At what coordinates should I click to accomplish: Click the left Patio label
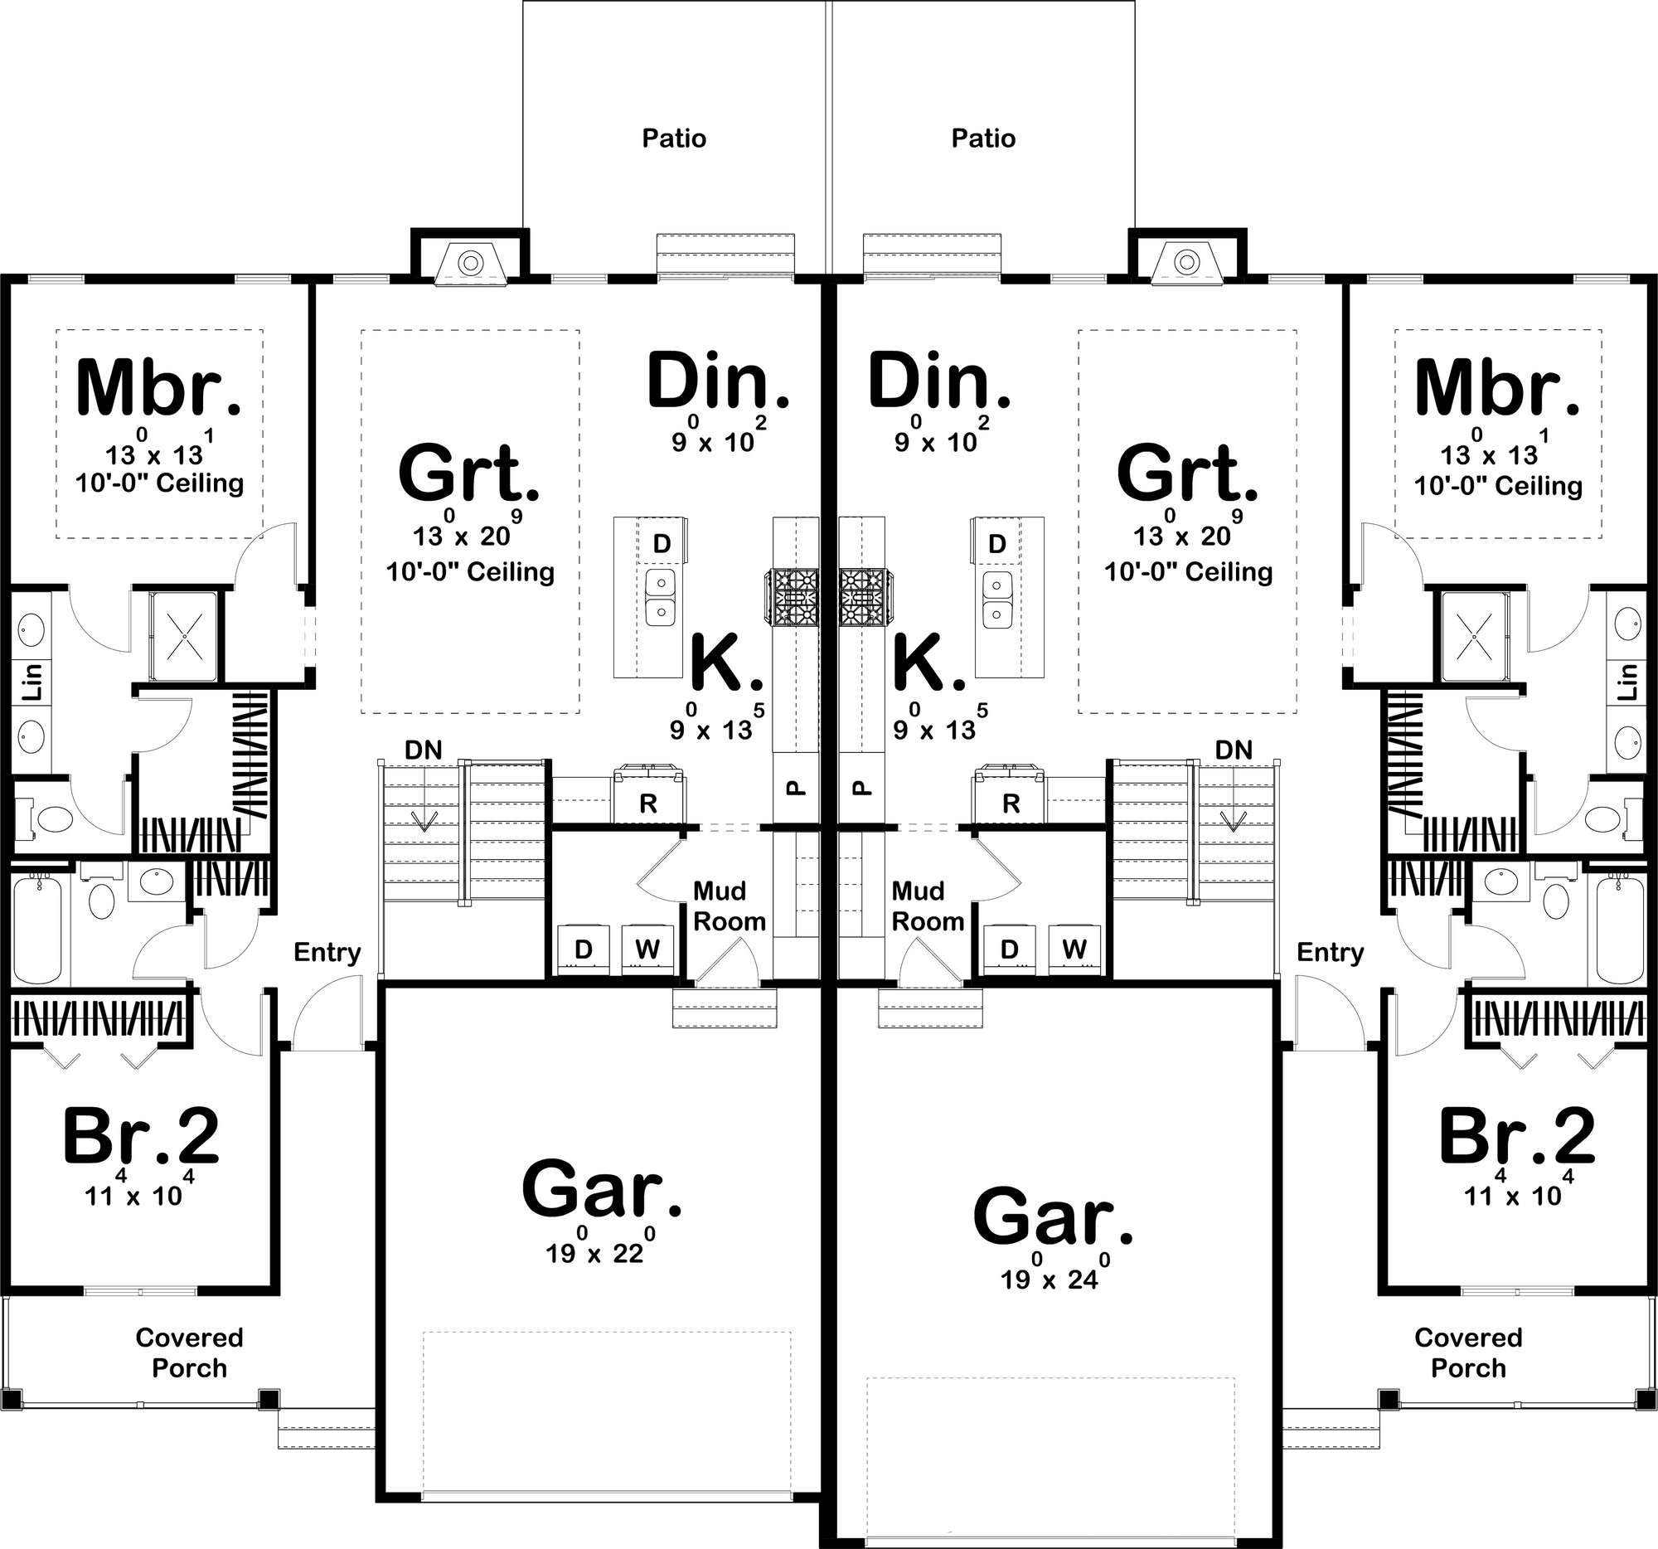coord(674,138)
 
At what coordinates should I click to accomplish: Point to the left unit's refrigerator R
coord(648,804)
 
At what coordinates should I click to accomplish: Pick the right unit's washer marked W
coord(1074,949)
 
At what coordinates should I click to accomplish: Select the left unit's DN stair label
coord(423,750)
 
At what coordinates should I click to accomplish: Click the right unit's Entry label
coord(1331,953)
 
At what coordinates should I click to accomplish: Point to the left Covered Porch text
coord(189,1353)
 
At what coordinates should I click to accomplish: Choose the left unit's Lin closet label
coord(31,682)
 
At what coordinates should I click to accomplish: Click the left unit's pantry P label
coord(796,787)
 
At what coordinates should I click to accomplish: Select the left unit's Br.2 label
coord(141,1135)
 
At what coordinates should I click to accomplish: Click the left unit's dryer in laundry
coord(584,949)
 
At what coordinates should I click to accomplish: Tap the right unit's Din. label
coord(939,381)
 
